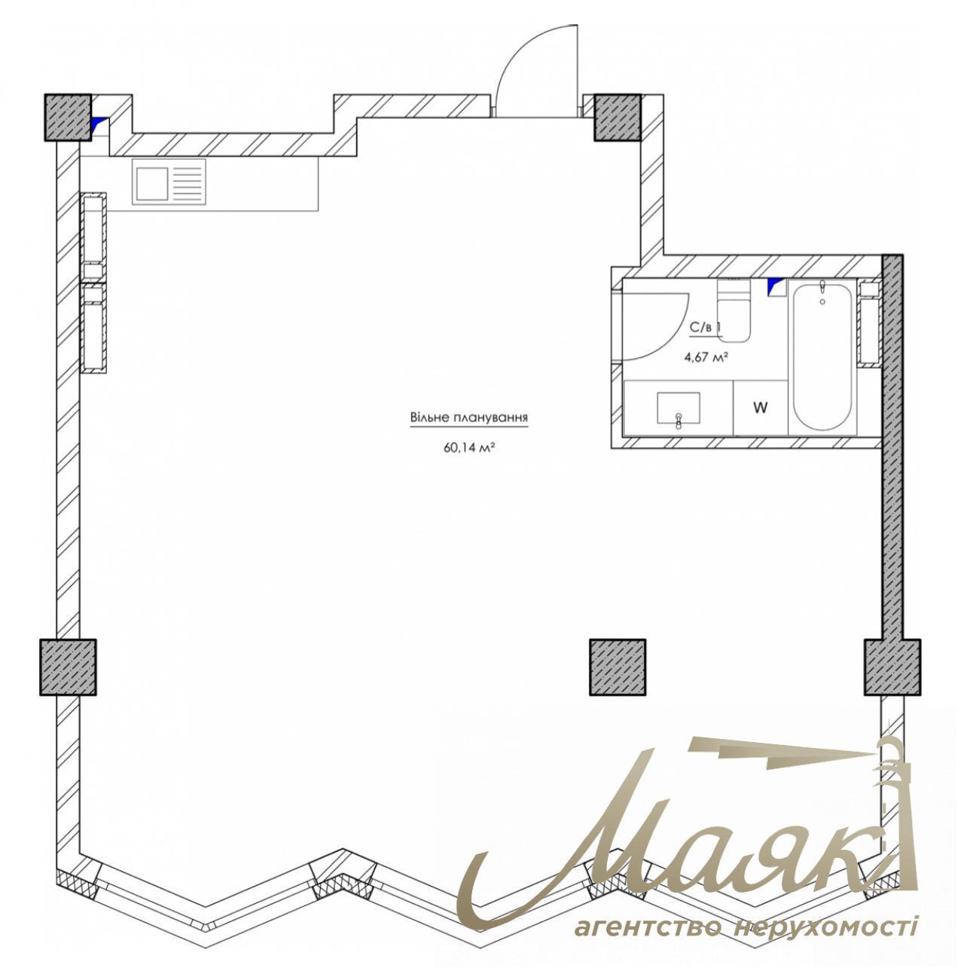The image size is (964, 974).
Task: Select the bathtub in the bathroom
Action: pyautogui.click(x=822, y=358)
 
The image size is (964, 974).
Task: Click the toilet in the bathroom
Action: pyautogui.click(x=733, y=313)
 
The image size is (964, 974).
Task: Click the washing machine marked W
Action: pyautogui.click(x=761, y=408)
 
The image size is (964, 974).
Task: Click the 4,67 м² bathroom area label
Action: pyautogui.click(x=705, y=357)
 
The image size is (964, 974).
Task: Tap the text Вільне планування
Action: pyautogui.click(x=468, y=417)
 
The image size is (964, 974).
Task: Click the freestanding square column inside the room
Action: pyautogui.click(x=618, y=667)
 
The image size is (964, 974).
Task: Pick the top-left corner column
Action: pyautogui.click(x=67, y=117)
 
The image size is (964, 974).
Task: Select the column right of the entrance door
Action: pyautogui.click(x=618, y=117)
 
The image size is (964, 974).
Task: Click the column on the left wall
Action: pyautogui.click(x=68, y=667)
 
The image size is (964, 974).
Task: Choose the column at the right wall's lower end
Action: pyautogui.click(x=892, y=667)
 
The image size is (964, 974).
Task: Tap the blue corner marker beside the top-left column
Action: pyautogui.click(x=99, y=124)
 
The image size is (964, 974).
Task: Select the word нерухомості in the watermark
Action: pyautogui.click(x=825, y=926)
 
